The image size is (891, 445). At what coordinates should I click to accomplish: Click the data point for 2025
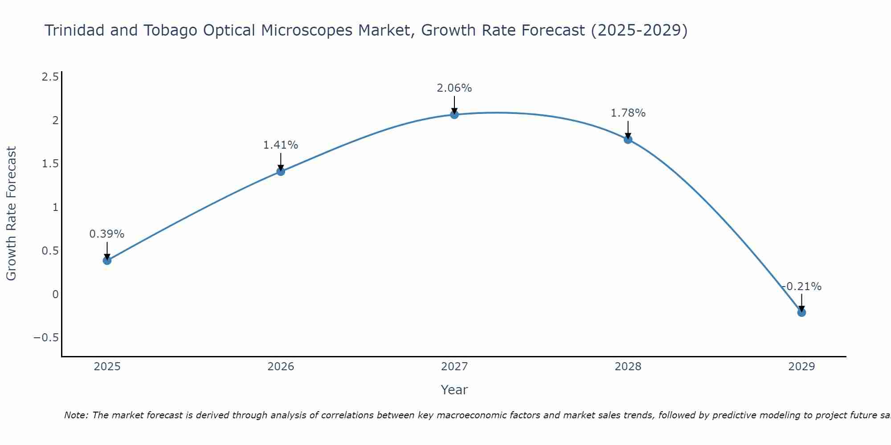point(107,260)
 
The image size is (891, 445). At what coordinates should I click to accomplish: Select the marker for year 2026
point(281,171)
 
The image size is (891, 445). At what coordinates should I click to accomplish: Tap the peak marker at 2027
point(454,115)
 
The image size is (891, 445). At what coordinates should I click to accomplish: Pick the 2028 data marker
point(628,139)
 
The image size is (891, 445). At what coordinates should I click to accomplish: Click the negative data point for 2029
point(801,312)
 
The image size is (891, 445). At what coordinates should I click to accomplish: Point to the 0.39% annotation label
point(107,234)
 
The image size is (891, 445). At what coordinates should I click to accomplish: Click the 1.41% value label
point(281,145)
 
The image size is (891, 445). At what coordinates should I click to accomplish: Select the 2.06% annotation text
point(454,88)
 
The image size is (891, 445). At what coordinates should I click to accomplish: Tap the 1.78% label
point(628,113)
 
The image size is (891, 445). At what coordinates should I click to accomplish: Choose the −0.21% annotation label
point(801,287)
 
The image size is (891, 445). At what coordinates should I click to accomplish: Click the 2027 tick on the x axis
point(454,367)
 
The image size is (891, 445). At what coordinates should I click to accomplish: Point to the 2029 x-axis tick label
point(801,367)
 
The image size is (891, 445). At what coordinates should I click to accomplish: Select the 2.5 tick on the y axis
point(50,77)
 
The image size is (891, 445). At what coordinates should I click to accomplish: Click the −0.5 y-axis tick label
point(46,338)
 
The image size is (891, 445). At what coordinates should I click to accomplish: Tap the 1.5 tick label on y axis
point(50,164)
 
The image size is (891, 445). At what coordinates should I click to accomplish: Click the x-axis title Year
point(454,390)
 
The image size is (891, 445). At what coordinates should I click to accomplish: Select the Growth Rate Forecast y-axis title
point(12,214)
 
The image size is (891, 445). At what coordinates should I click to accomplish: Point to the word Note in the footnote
point(76,415)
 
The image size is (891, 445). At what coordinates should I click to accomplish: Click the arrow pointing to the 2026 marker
point(281,162)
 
